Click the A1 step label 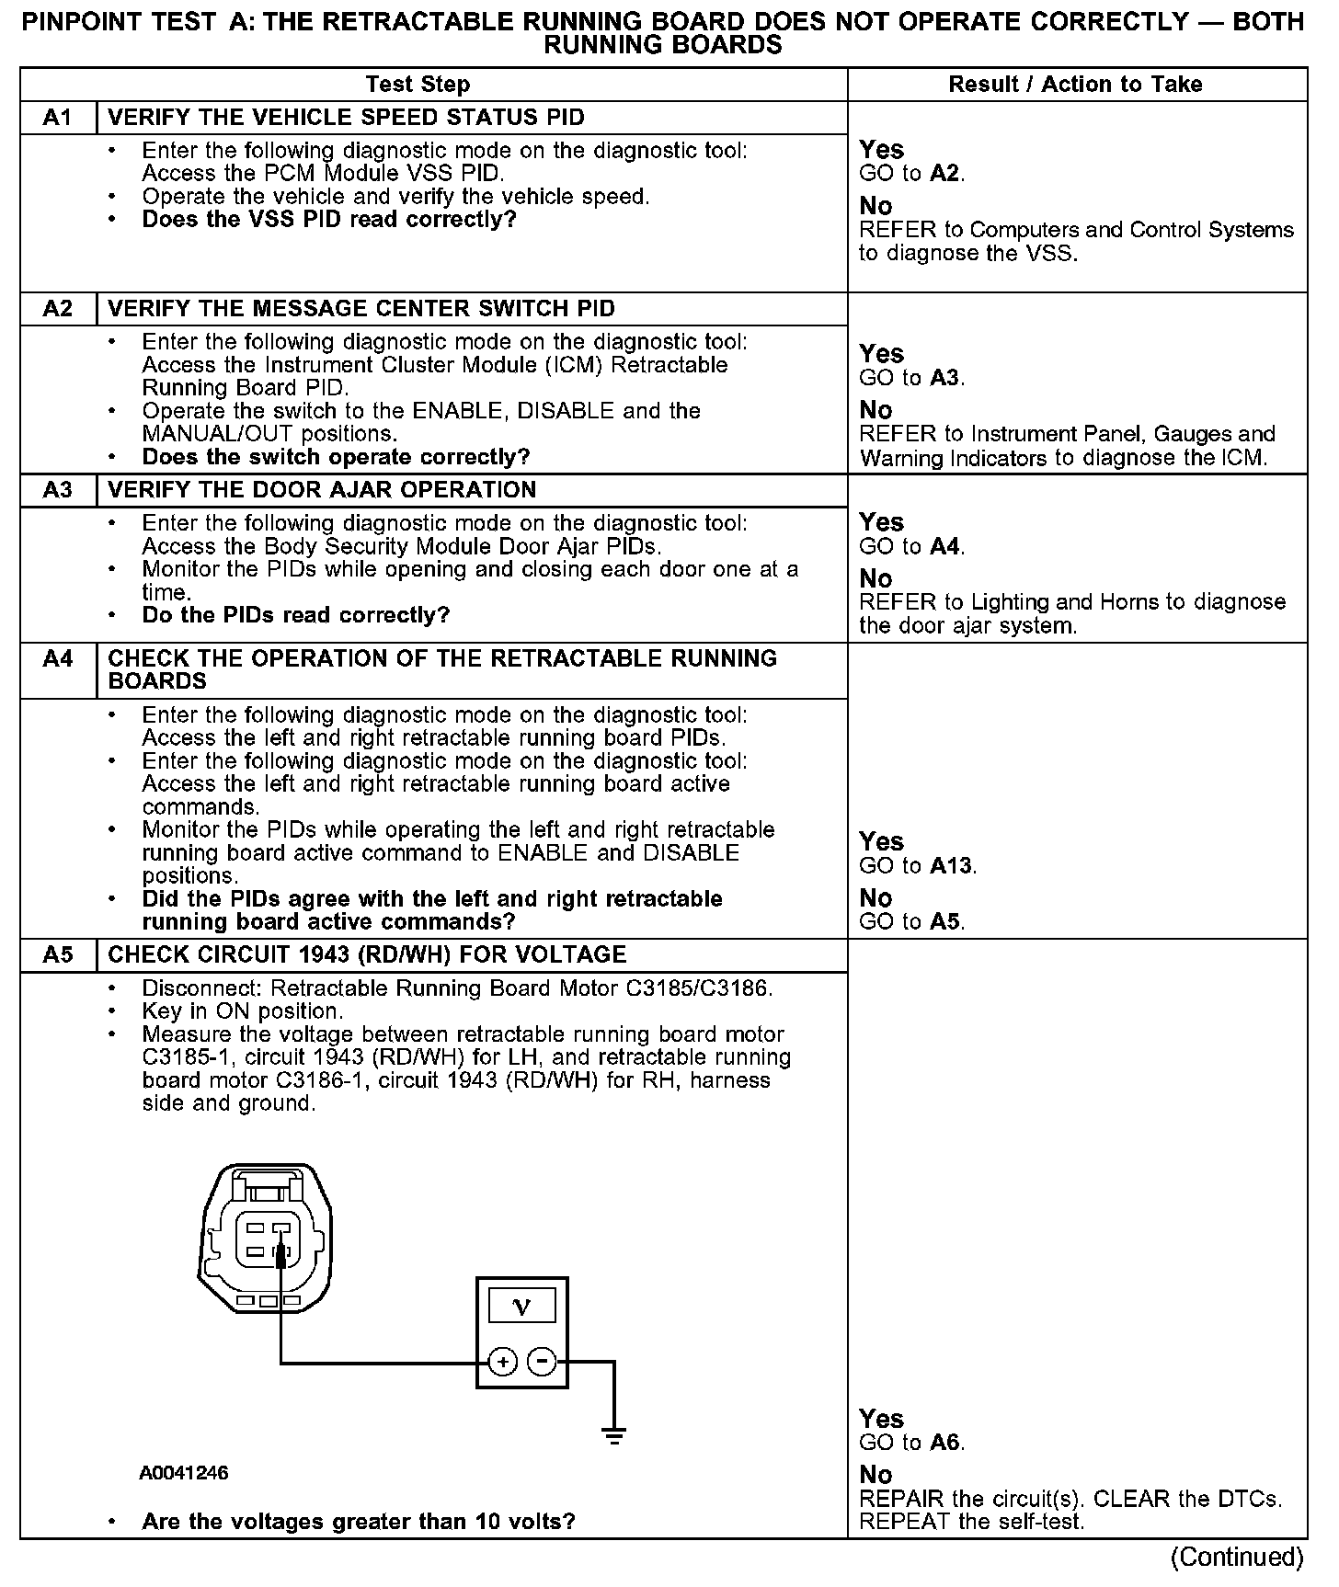(57, 118)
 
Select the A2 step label (57, 309)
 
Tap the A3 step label (57, 490)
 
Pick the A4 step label (57, 659)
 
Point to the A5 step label (57, 955)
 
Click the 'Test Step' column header (418, 85)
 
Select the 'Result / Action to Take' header (1075, 85)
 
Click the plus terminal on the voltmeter (502, 1362)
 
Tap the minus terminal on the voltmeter (543, 1362)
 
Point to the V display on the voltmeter (521, 1307)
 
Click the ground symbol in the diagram (613, 1435)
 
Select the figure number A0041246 (184, 1473)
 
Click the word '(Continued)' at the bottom (1236, 1557)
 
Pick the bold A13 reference (952, 866)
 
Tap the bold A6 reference (946, 1443)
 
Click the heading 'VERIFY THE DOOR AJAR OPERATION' (322, 490)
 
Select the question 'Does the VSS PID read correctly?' (329, 220)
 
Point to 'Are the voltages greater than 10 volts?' (359, 1522)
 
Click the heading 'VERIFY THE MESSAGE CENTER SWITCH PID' (361, 309)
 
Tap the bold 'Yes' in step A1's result (881, 150)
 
